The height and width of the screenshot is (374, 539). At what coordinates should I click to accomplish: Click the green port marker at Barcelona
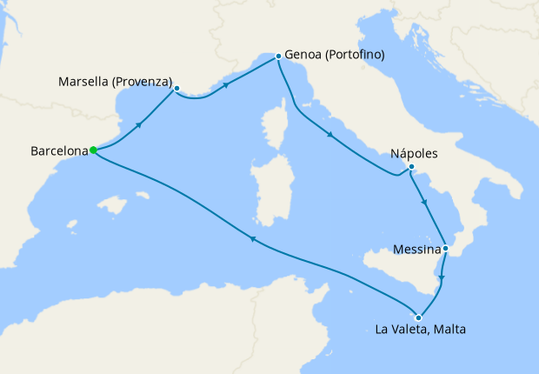point(93,150)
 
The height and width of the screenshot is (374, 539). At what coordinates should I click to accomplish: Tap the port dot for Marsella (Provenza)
point(176,88)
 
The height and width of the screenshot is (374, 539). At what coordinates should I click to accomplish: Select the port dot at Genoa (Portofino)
point(278,56)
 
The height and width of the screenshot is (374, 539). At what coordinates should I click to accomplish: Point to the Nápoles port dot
point(411,167)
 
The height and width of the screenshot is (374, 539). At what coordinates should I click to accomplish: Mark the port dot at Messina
point(445,248)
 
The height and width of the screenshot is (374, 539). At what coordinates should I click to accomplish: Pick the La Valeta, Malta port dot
point(419,317)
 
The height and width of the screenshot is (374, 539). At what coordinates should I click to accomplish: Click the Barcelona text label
point(59,150)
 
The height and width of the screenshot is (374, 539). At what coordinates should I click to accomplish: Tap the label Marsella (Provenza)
point(115,82)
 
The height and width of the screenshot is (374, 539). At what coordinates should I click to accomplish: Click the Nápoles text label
point(414,152)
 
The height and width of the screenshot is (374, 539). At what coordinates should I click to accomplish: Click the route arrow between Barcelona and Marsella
point(139,126)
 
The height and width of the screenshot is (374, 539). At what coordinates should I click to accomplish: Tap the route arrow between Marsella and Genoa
point(226,85)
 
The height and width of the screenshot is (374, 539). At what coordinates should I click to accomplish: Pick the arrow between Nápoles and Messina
point(423,202)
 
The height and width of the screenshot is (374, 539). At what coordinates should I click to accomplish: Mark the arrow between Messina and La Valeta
point(442,279)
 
